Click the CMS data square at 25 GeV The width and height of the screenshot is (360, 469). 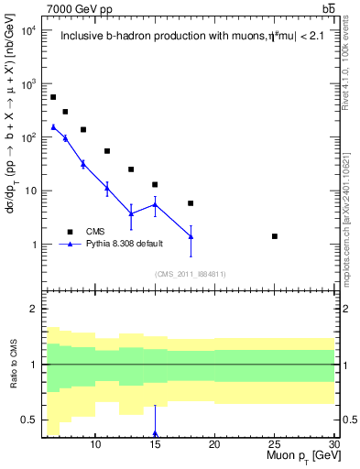[x=274, y=236]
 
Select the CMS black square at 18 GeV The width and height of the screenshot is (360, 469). [x=191, y=203]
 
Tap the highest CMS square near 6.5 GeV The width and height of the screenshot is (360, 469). [x=53, y=97]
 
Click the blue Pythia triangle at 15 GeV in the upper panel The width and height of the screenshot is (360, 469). [x=155, y=205]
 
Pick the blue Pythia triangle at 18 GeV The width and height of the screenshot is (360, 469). [x=191, y=236]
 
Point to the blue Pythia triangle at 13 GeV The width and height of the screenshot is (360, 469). [x=131, y=213]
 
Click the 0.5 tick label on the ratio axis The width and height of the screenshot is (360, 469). [x=30, y=420]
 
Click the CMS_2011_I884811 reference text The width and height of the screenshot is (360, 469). [x=190, y=274]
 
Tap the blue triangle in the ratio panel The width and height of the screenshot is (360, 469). [x=155, y=433]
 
